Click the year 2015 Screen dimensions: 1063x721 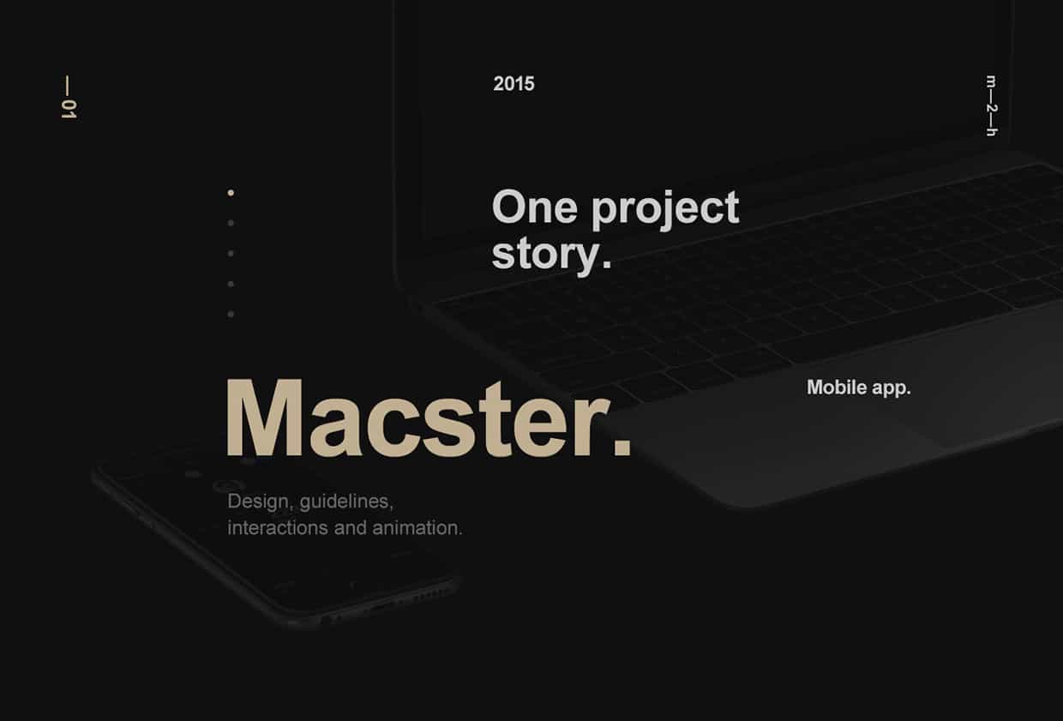(x=513, y=84)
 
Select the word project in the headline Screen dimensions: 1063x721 (x=665, y=210)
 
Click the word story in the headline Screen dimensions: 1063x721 (x=545, y=254)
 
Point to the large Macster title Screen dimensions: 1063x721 (x=429, y=418)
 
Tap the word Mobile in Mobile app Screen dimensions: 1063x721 (x=837, y=388)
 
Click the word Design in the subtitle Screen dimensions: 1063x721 (x=258, y=502)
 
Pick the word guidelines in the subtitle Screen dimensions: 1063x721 (x=346, y=502)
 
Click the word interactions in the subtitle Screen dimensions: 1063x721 (x=278, y=528)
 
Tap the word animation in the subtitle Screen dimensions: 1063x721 (x=417, y=528)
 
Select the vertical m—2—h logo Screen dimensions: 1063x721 (x=991, y=105)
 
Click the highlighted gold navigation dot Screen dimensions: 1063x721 (x=231, y=193)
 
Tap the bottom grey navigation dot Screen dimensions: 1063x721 (x=231, y=314)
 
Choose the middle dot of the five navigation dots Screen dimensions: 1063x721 (x=231, y=254)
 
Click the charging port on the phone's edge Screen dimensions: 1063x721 (x=382, y=608)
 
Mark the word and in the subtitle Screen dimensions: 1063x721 (x=351, y=528)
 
